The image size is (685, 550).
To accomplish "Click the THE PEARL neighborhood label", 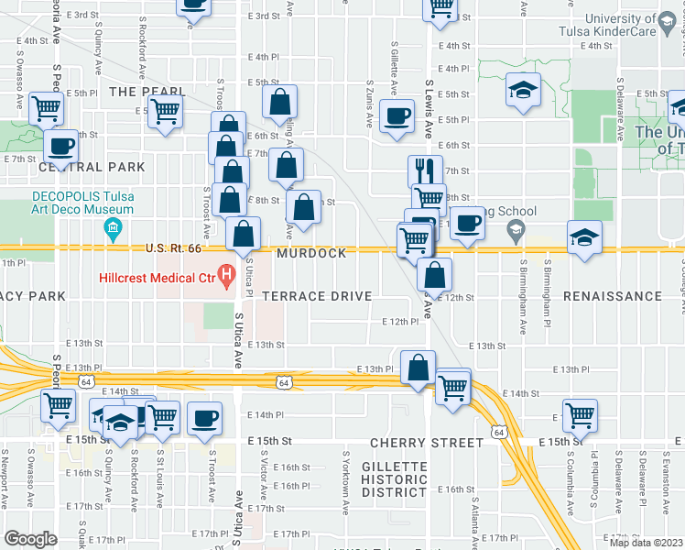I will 141,92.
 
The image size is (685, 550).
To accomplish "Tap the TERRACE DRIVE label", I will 317,296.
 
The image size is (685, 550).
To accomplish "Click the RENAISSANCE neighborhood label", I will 612,296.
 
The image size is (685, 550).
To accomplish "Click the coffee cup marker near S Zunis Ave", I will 397,116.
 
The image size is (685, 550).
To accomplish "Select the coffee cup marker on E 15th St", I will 204,418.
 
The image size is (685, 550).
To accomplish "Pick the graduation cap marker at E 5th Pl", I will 522,91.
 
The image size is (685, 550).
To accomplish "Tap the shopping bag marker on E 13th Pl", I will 418,368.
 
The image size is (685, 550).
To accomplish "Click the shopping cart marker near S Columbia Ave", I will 580,414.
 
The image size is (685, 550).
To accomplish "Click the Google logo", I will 29,538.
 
